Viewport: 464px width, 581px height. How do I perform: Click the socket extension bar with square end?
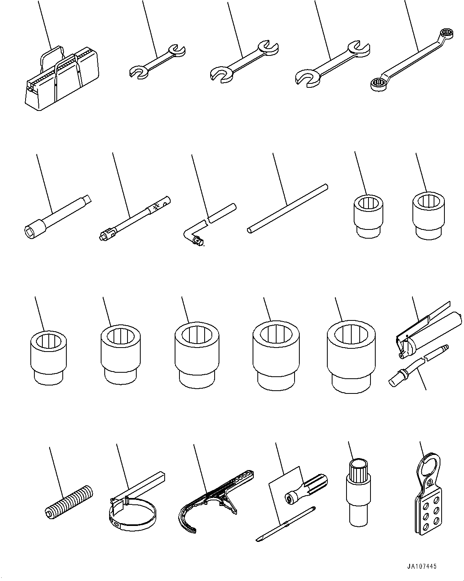[56, 215]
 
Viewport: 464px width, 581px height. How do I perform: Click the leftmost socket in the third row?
[48, 357]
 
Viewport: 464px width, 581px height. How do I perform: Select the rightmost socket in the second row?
[428, 215]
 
